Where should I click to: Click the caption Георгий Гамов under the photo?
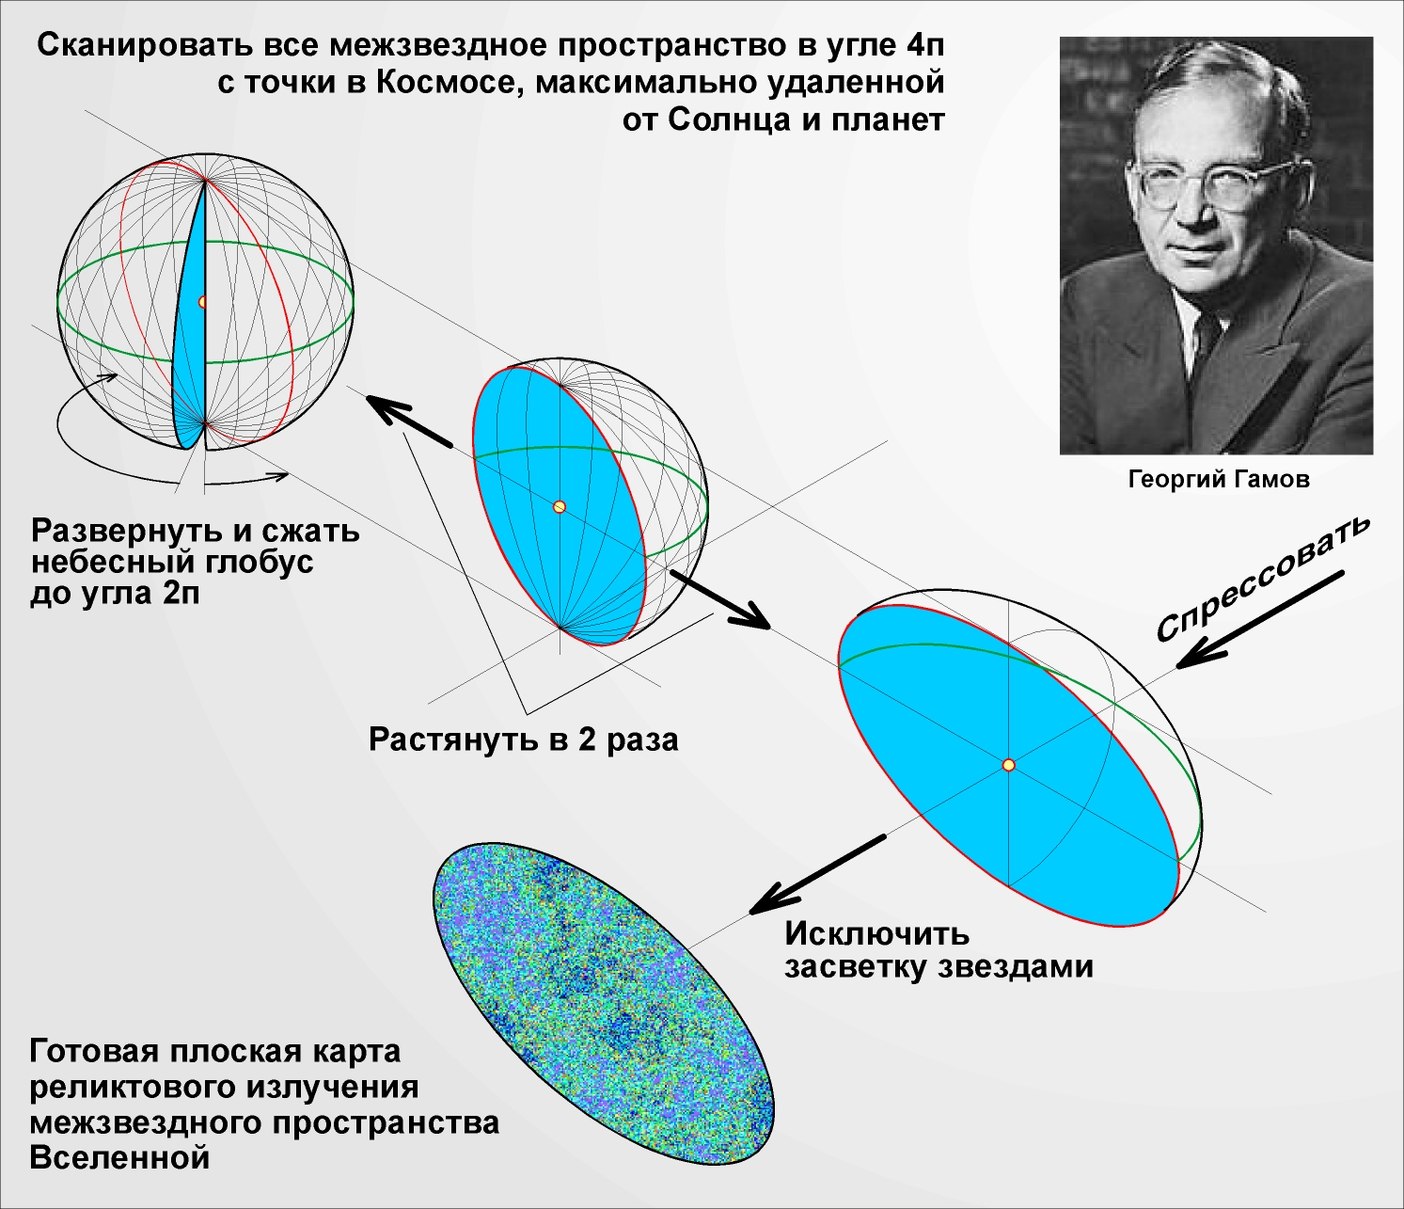[1219, 480]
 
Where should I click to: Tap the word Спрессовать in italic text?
[1262, 579]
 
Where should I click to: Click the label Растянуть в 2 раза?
[523, 740]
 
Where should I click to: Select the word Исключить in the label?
[876, 933]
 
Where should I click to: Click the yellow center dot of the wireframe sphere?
[202, 302]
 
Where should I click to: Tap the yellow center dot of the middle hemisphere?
[559, 507]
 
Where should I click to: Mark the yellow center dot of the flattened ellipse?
[1009, 765]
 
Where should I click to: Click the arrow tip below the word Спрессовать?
[1177, 667]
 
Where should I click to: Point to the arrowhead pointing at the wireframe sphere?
[368, 397]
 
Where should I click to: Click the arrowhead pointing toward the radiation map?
[749, 913]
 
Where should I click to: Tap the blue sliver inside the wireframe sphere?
[189, 319]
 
